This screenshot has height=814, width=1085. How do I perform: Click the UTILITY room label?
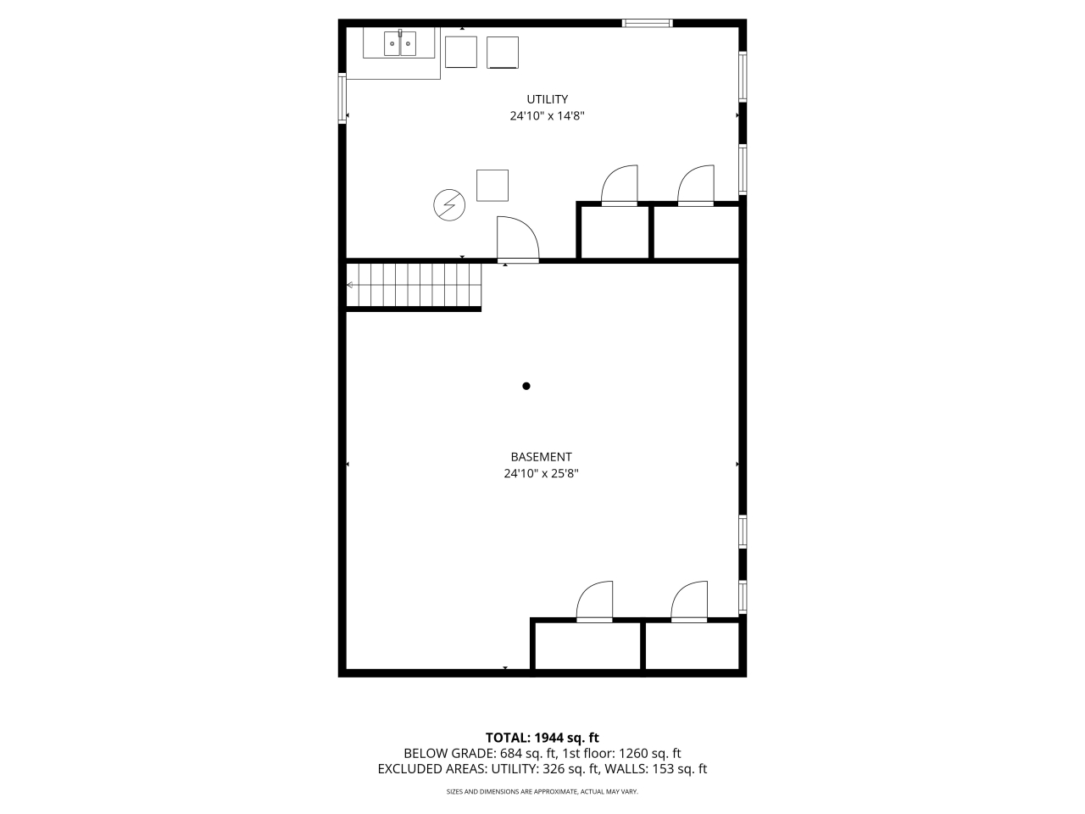(x=547, y=99)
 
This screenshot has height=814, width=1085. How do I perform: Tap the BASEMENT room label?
(x=541, y=457)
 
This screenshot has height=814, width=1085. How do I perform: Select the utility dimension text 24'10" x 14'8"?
(x=547, y=116)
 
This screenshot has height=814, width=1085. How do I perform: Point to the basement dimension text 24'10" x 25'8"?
(x=541, y=473)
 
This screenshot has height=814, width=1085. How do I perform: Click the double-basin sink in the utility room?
(x=400, y=43)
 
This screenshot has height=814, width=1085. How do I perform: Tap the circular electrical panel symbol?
(x=448, y=204)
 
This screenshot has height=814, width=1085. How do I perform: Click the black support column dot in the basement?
(x=526, y=386)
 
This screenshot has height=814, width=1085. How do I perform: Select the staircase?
(x=414, y=285)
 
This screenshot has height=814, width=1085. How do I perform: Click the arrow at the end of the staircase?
(x=350, y=285)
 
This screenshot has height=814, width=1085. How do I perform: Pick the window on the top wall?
(x=647, y=23)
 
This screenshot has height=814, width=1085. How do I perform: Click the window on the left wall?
(x=342, y=98)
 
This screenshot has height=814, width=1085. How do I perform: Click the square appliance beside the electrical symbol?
(x=492, y=186)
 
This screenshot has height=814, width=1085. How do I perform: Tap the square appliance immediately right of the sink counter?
(x=460, y=52)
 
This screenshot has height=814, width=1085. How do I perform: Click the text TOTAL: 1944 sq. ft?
(x=542, y=738)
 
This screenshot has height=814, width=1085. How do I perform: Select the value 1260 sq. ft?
(x=649, y=754)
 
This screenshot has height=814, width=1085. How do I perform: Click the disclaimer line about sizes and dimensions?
(x=542, y=792)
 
